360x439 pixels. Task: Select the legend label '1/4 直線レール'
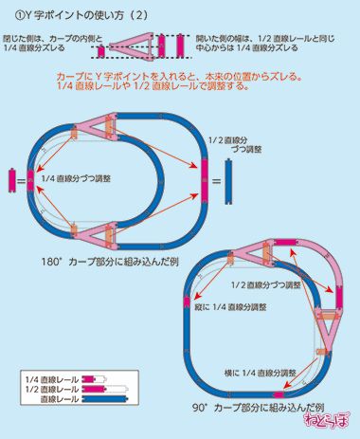pos(53,378)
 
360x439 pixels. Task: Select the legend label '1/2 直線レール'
pos(53,389)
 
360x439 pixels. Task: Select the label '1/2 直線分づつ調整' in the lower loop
pos(265,284)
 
